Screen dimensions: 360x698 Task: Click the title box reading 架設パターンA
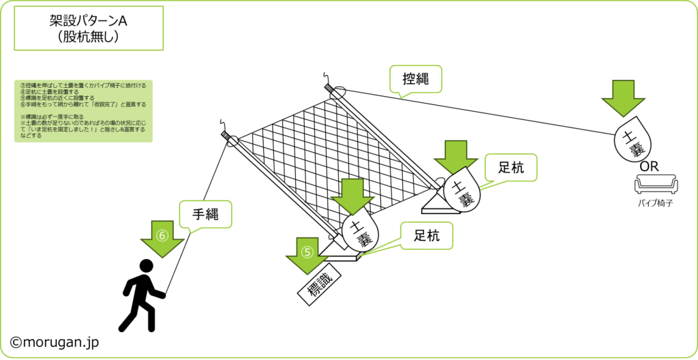[x=89, y=28]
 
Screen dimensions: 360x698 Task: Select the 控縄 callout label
[x=416, y=79]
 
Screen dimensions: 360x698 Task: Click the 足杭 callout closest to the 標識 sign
[x=426, y=236]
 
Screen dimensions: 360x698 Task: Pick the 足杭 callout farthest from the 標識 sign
[x=510, y=168]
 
